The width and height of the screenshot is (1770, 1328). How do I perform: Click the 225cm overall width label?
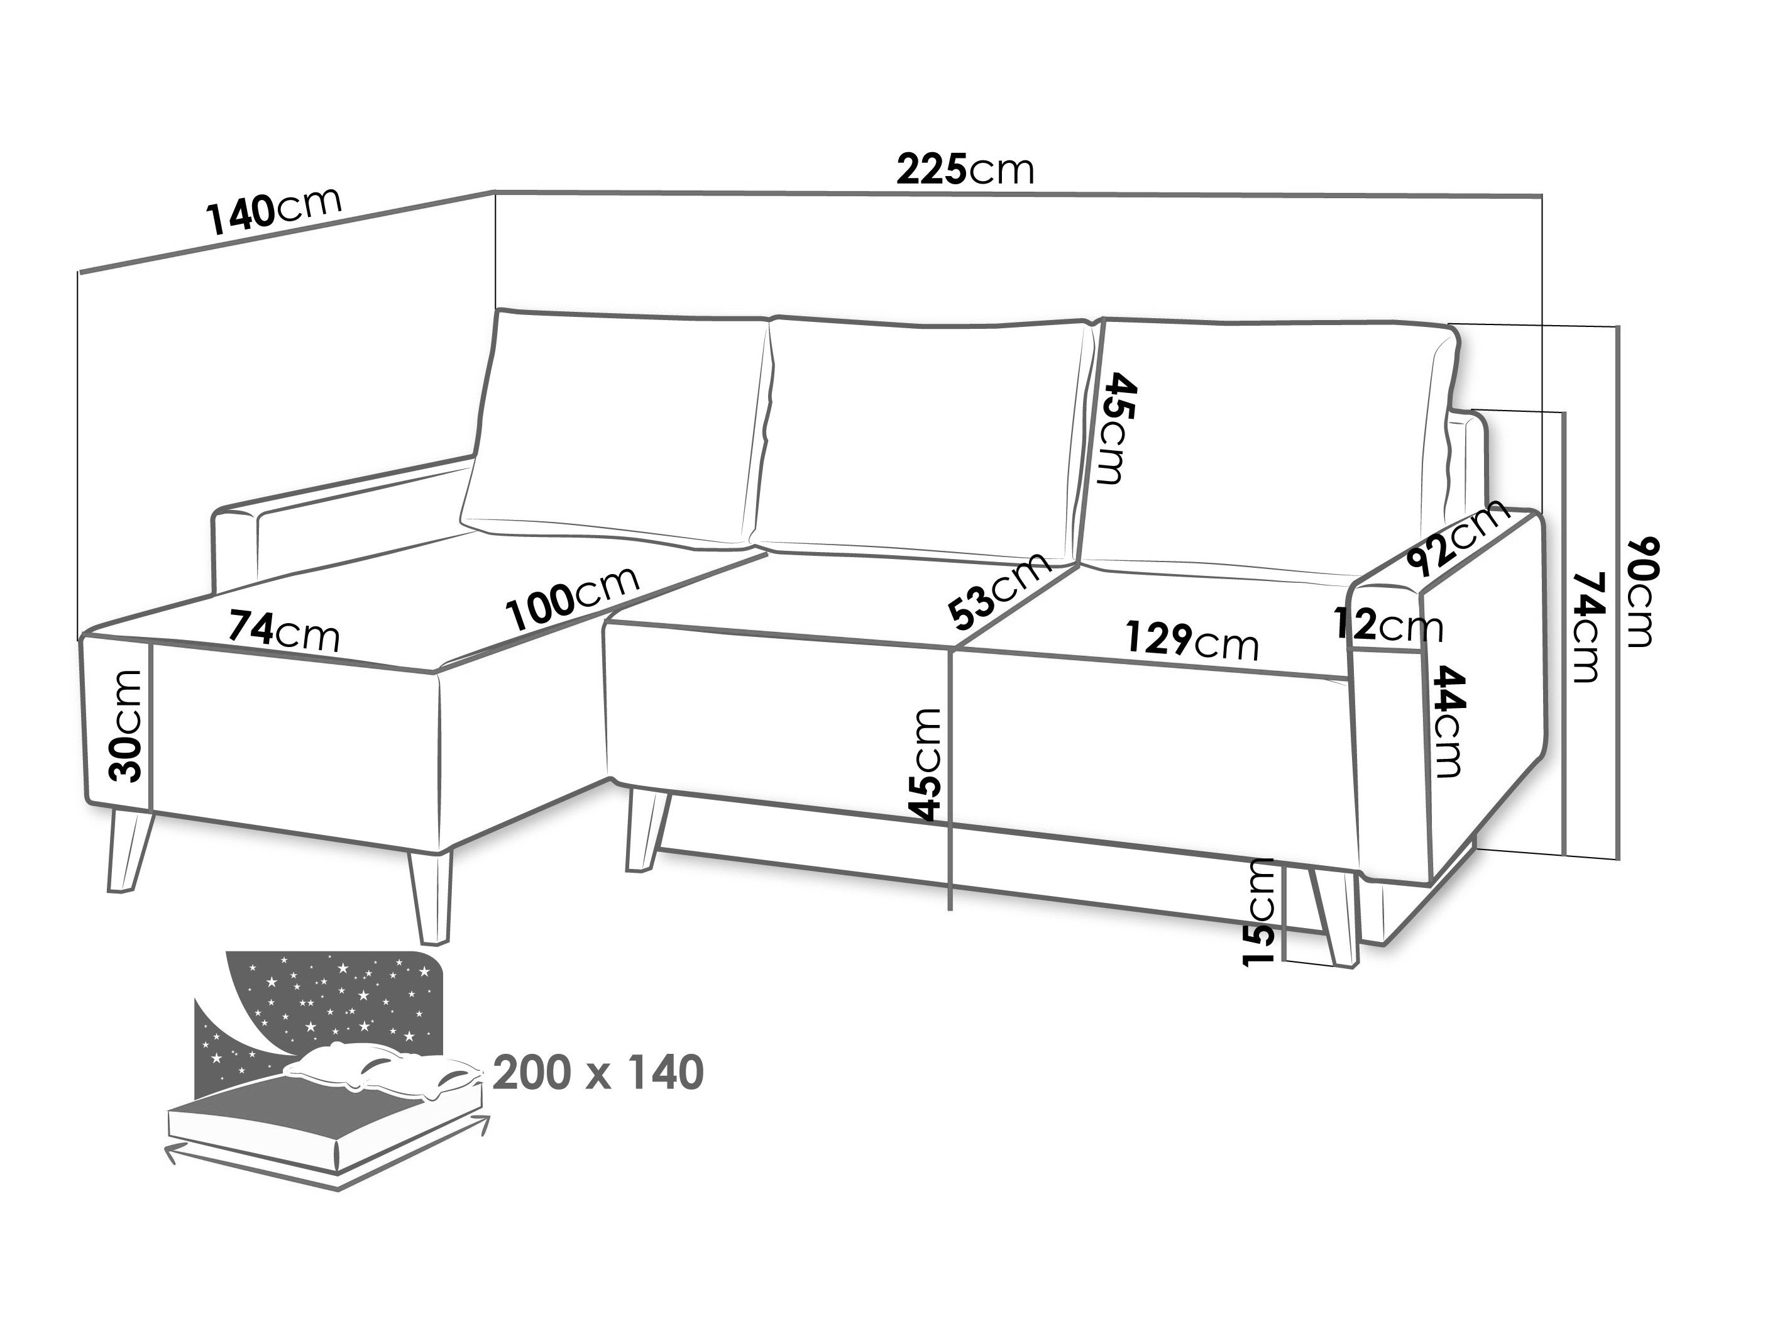[x=965, y=170]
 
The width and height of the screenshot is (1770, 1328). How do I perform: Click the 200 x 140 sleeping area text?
[x=598, y=1073]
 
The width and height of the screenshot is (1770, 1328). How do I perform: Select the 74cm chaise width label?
[x=284, y=630]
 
